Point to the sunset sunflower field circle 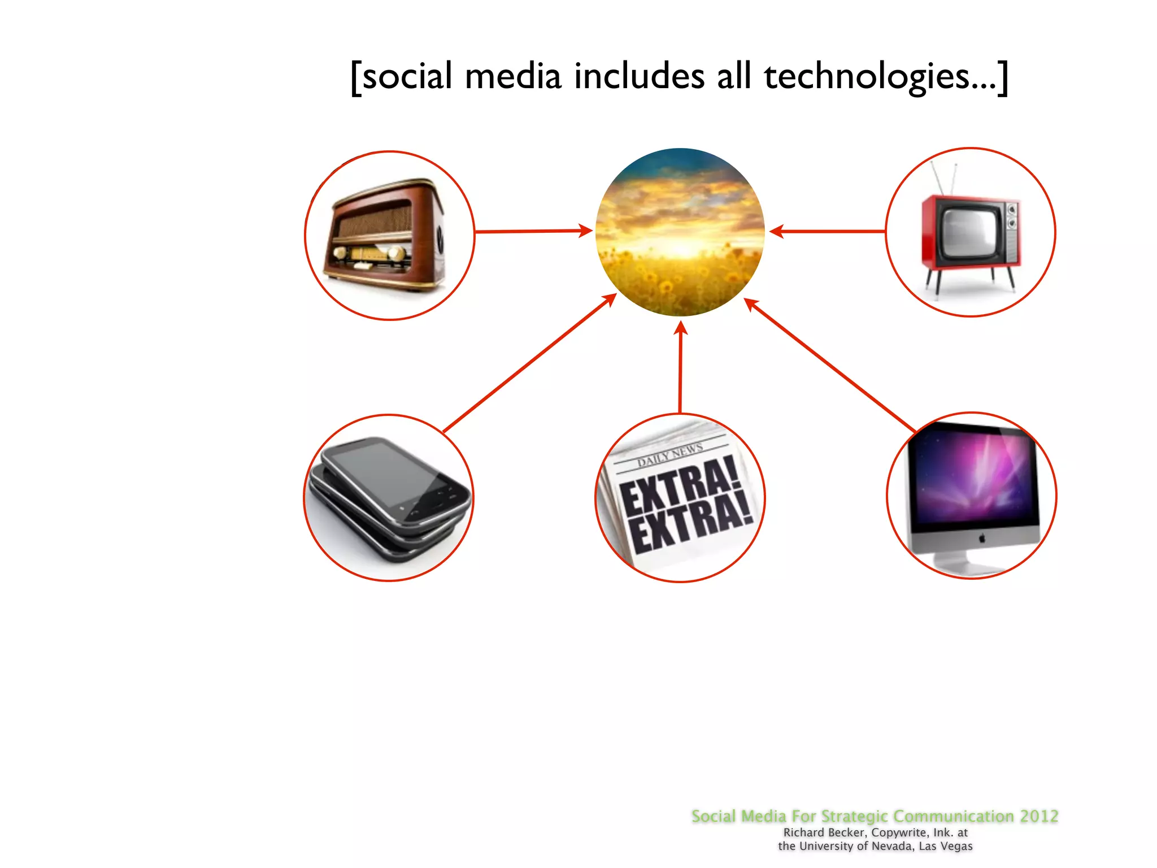[x=680, y=232]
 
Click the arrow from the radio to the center [x=531, y=231]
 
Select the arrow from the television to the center [x=828, y=231]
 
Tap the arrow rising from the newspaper [x=681, y=367]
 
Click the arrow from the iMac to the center [x=830, y=364]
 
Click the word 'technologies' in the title [x=867, y=77]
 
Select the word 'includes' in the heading [x=639, y=76]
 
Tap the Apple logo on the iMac [x=982, y=539]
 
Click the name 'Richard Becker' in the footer [x=824, y=832]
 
